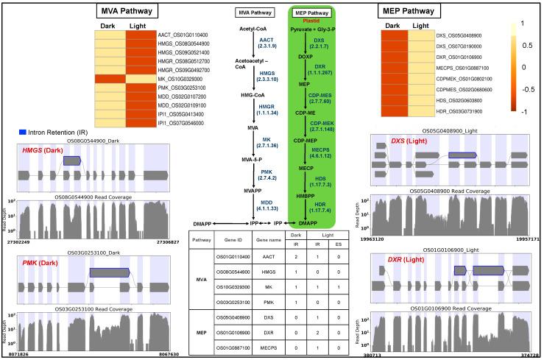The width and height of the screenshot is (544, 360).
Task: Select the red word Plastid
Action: pyautogui.click(x=314, y=21)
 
